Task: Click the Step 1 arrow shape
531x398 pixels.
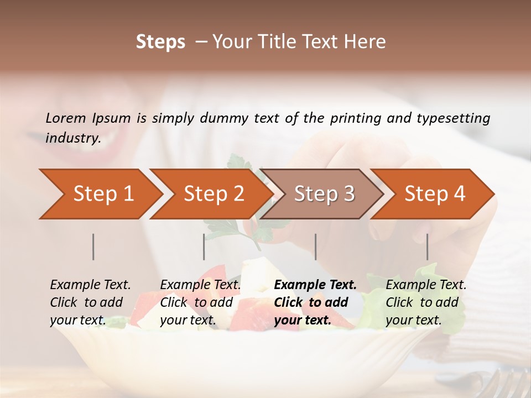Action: coord(100,194)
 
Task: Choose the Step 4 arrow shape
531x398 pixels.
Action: coord(434,194)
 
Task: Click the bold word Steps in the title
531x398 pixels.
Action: coord(160,42)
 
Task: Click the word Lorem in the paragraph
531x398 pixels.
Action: coord(65,118)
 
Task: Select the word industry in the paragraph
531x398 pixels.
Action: coord(72,138)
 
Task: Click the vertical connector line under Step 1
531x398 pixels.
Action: coord(93,247)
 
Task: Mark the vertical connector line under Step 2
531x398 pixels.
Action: coord(204,247)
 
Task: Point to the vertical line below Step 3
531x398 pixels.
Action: coord(316,247)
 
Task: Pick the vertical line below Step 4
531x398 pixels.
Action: coord(428,247)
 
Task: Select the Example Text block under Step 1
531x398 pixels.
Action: coord(90,302)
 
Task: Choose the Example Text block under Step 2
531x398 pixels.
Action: coord(200,302)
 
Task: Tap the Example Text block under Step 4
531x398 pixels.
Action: coord(426,302)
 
